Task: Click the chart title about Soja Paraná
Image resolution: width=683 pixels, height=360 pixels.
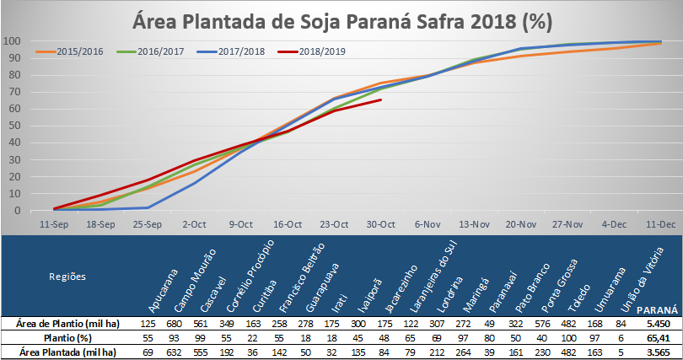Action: click(342, 22)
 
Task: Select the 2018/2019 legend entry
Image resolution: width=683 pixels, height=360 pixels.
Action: click(312, 51)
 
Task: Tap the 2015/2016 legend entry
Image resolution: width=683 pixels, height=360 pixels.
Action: click(70, 51)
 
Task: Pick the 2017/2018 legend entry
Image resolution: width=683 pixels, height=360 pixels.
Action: click(231, 51)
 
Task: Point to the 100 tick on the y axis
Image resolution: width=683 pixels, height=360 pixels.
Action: click(12, 41)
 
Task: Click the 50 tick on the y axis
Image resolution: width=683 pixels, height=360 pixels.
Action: click(14, 126)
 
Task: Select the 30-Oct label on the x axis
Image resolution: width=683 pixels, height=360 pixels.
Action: click(380, 224)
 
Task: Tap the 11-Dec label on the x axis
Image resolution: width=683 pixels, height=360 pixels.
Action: click(660, 224)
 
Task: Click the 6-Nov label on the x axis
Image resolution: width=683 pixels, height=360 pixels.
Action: click(428, 224)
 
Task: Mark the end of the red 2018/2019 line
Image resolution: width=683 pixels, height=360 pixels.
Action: click(381, 99)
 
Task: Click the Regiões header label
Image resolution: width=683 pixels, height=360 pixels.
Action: click(67, 277)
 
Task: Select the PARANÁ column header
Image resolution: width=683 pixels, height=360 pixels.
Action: click(658, 310)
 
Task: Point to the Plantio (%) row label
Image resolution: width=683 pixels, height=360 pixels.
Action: click(67, 338)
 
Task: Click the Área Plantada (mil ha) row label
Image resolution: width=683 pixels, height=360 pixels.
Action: click(67, 352)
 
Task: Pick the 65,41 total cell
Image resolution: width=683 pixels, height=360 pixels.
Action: click(659, 338)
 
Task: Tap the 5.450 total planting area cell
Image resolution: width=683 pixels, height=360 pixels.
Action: click(659, 324)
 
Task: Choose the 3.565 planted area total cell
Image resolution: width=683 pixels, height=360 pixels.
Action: click(659, 352)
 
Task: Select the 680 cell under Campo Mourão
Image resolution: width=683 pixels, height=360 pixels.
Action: click(174, 324)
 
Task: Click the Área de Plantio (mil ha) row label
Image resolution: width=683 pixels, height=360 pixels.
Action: click(67, 324)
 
